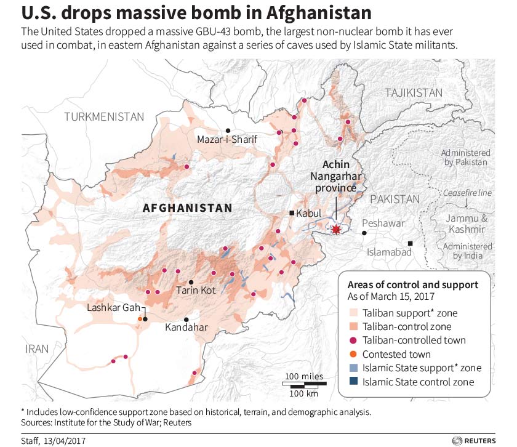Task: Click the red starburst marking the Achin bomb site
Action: click(x=335, y=230)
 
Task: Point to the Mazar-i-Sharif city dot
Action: click(x=228, y=131)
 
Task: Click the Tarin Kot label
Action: click(x=196, y=289)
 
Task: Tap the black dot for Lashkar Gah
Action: click(x=145, y=319)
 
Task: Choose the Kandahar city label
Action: click(x=186, y=328)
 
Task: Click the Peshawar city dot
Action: click(x=364, y=233)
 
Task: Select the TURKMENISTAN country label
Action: click(x=105, y=116)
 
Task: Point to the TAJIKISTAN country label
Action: click(x=414, y=92)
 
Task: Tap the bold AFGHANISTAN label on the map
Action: click(x=188, y=208)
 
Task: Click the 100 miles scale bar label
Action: click(x=303, y=376)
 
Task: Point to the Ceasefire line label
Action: click(x=468, y=193)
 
